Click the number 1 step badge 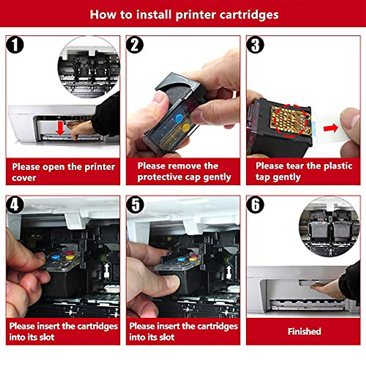(x=15, y=45)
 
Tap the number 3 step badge (x=255, y=45)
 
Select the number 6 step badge (x=255, y=205)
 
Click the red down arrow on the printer (x=61, y=128)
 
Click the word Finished (x=304, y=331)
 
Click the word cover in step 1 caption (x=24, y=178)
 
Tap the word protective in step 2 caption (x=161, y=177)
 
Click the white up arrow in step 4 (x=107, y=270)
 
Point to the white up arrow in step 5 (x=229, y=271)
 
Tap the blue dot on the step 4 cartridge (x=55, y=257)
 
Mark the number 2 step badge (x=135, y=45)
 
